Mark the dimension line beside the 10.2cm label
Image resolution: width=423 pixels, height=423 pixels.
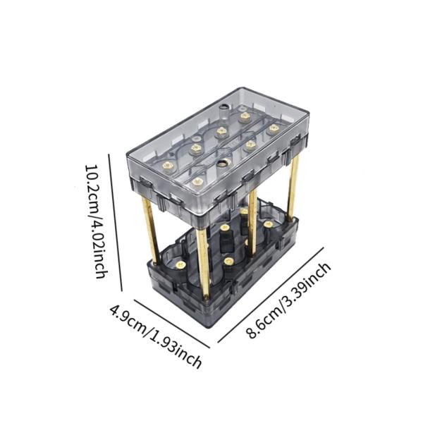115,223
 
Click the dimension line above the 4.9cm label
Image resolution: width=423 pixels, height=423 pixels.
172,324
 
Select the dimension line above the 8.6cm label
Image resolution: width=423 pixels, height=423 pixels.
271,295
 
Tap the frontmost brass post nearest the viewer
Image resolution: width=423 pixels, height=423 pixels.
202,264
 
